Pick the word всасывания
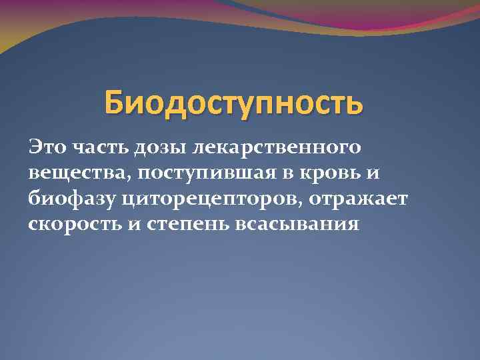[297, 223]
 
